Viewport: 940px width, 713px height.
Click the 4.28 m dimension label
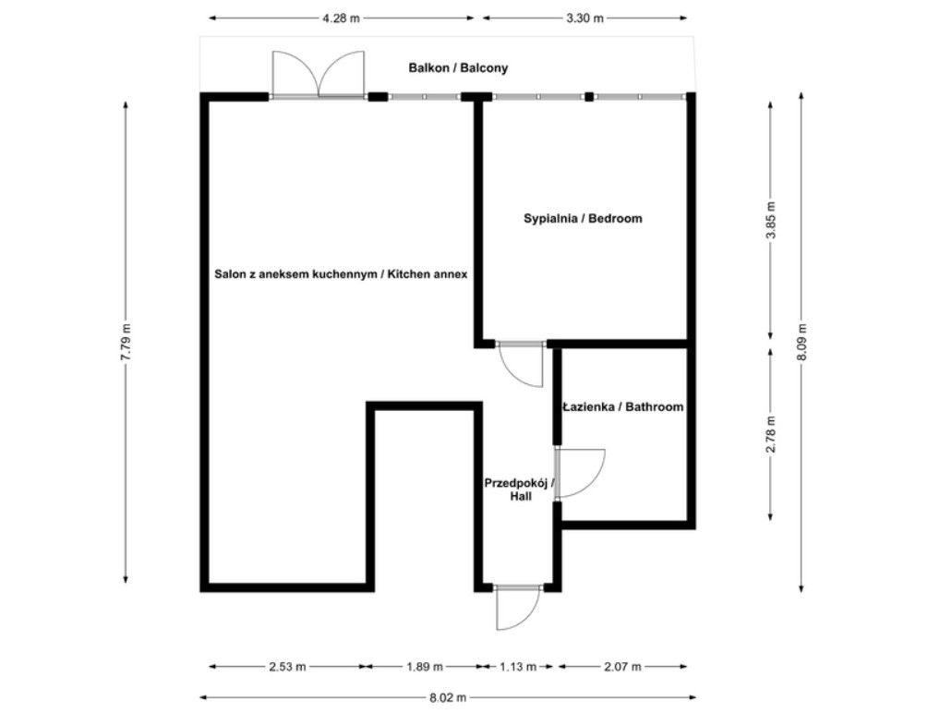point(341,18)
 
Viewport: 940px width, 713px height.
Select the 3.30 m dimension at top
point(585,18)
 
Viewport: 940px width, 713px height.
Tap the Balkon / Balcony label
point(459,68)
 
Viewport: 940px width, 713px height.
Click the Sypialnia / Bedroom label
point(583,219)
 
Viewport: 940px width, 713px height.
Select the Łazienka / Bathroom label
point(623,406)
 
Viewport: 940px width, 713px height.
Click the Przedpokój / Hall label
point(518,489)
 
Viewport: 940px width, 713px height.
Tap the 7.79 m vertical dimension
point(127,342)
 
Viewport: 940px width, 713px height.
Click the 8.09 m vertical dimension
point(801,342)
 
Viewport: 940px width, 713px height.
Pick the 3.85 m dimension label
point(772,221)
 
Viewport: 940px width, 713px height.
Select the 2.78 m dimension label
point(772,433)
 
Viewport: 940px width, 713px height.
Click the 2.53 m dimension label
point(287,666)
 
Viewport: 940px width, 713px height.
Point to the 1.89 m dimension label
point(424,666)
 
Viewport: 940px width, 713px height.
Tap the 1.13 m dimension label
point(517,666)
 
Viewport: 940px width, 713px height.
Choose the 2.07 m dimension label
point(623,666)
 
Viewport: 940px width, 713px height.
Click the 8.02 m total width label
point(447,697)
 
